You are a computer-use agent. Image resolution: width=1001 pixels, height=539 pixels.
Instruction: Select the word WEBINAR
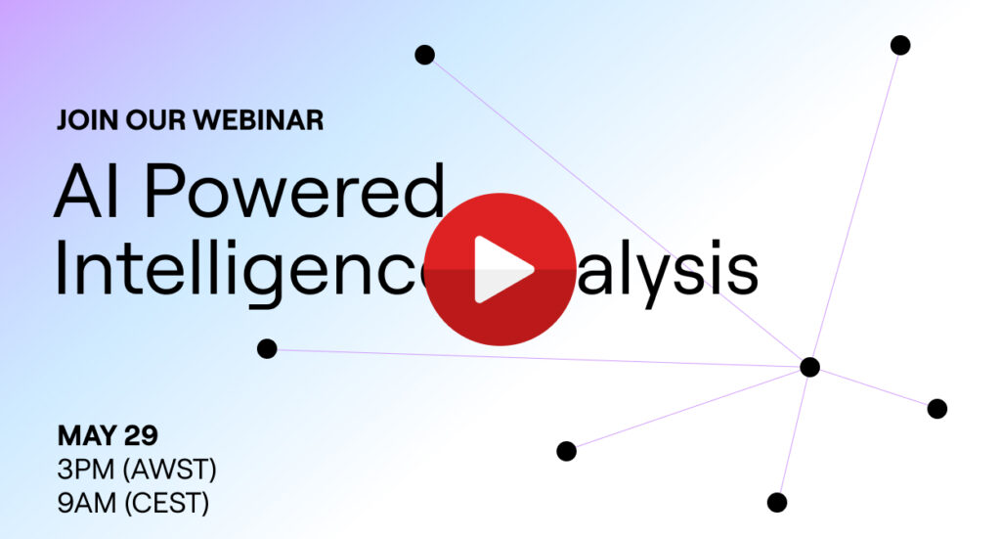click(258, 120)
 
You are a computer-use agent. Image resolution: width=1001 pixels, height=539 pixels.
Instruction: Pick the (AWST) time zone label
click(171, 470)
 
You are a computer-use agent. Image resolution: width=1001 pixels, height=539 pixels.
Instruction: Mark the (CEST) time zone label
click(167, 504)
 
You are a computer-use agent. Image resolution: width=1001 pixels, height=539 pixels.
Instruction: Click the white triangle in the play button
click(503, 270)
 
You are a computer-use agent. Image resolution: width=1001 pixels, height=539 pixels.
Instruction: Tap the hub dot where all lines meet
click(809, 367)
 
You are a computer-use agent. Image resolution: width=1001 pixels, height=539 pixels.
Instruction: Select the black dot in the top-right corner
click(900, 45)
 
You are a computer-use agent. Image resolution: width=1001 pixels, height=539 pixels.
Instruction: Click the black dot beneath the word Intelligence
click(267, 348)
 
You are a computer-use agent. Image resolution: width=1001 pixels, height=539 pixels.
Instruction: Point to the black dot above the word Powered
click(424, 55)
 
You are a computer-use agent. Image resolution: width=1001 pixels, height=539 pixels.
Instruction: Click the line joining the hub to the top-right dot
click(855, 205)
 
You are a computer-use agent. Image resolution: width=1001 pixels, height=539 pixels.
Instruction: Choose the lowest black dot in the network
click(777, 503)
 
